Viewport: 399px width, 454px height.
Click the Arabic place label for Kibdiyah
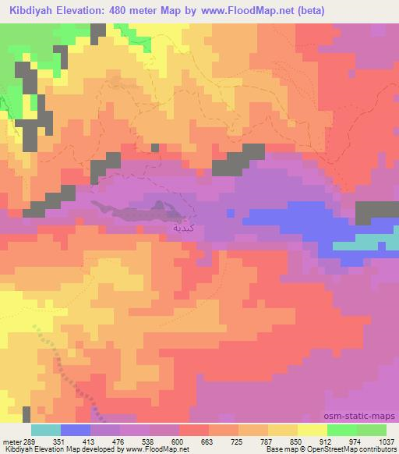[180, 228]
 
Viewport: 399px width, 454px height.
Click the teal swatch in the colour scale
[46, 430]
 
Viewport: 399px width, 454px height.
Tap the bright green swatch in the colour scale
[342, 430]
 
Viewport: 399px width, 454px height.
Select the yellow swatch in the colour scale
[312, 430]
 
